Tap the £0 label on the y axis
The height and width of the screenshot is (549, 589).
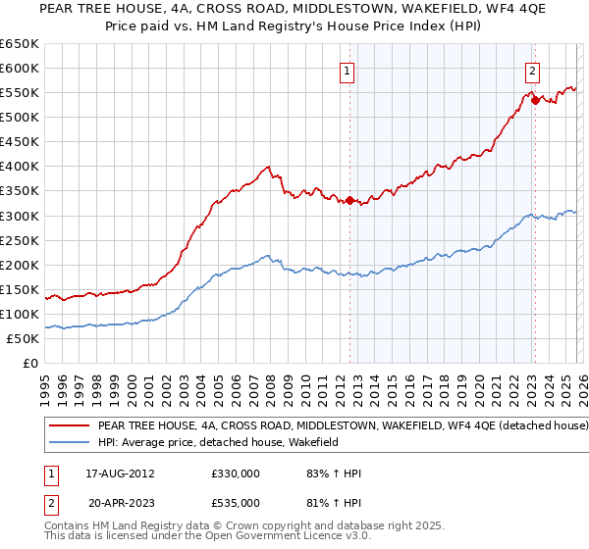(29, 363)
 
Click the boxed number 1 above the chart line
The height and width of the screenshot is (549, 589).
(348, 70)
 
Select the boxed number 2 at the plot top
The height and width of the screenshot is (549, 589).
(532, 70)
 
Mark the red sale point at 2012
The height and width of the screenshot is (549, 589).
(349, 200)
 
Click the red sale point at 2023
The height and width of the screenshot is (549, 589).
(534, 99)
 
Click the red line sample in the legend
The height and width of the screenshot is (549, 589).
(69, 426)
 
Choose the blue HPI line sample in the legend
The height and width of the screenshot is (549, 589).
(69, 443)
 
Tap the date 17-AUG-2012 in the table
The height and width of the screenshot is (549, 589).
(121, 474)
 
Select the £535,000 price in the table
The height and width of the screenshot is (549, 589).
(236, 503)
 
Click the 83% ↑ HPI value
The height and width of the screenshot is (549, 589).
(334, 474)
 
